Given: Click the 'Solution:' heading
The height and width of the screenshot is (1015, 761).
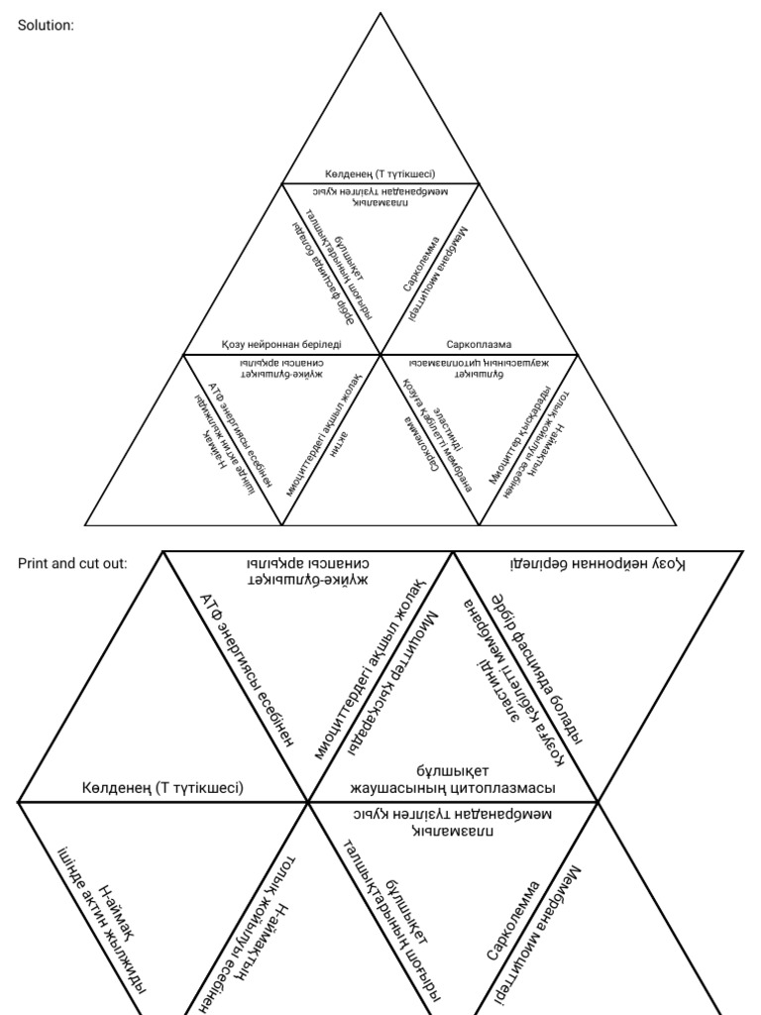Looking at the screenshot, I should pyautogui.click(x=47, y=26).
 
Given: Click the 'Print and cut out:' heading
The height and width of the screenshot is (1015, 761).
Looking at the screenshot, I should pyautogui.click(x=72, y=563).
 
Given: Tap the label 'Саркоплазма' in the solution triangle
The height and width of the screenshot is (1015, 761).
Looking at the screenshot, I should pyautogui.click(x=479, y=345).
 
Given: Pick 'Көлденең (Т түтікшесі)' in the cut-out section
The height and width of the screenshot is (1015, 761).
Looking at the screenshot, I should pyautogui.click(x=163, y=788).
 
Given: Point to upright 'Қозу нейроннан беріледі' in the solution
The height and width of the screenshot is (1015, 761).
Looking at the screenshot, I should pyautogui.click(x=282, y=345).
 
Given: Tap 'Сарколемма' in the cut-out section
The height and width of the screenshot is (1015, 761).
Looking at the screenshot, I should pyautogui.click(x=513, y=920).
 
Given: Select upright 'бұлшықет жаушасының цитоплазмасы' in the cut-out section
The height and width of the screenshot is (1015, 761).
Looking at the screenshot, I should pyautogui.click(x=454, y=779).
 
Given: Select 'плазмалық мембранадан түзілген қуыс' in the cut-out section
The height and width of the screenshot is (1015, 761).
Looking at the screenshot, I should pyautogui.click(x=452, y=822).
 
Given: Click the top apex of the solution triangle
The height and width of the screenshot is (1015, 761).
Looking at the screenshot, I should pyautogui.click(x=380, y=13).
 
